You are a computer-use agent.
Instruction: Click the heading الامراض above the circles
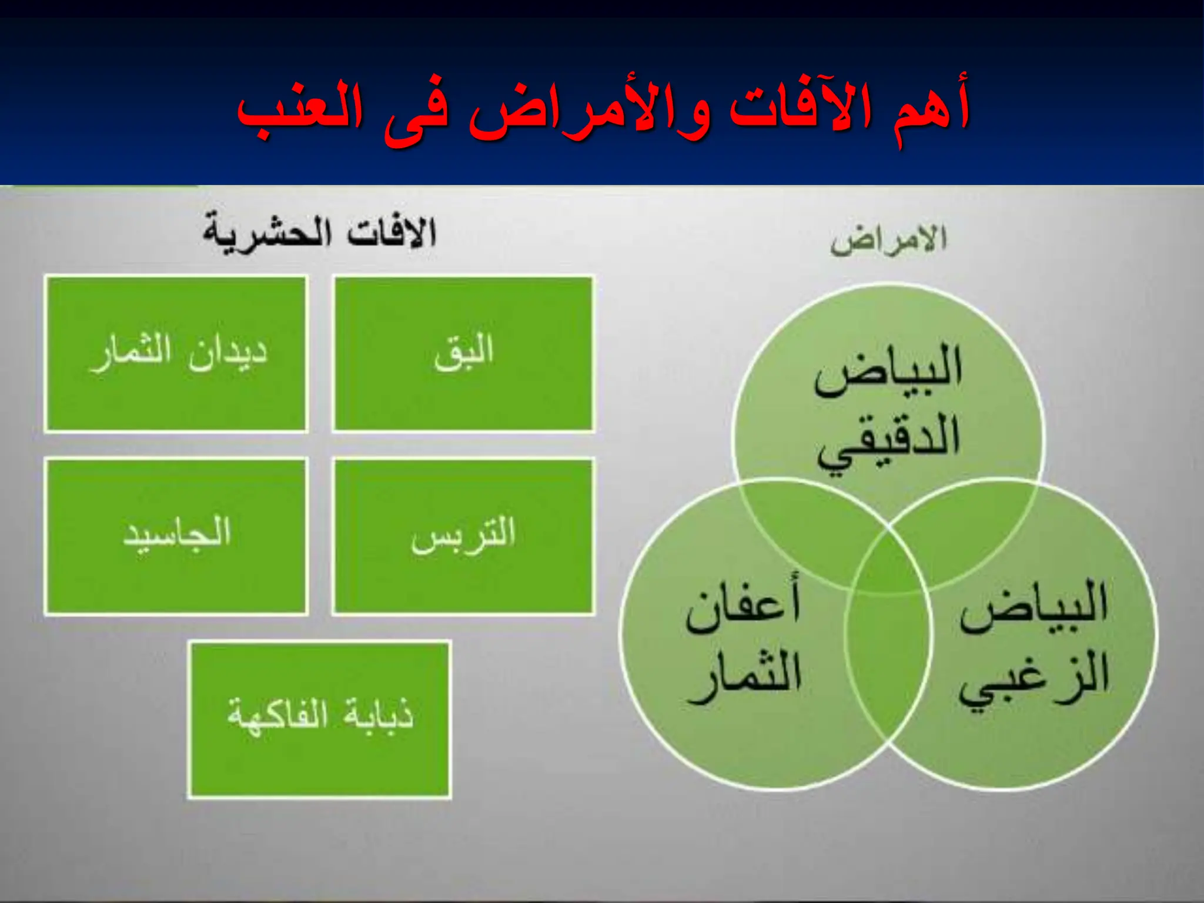click(x=888, y=240)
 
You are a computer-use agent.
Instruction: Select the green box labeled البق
click(x=463, y=354)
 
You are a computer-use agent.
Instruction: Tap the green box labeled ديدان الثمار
click(x=176, y=354)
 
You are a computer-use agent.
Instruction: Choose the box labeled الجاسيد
click(x=176, y=536)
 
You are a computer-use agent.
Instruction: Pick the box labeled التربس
click(x=463, y=536)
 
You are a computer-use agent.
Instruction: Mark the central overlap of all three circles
click(x=888, y=564)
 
